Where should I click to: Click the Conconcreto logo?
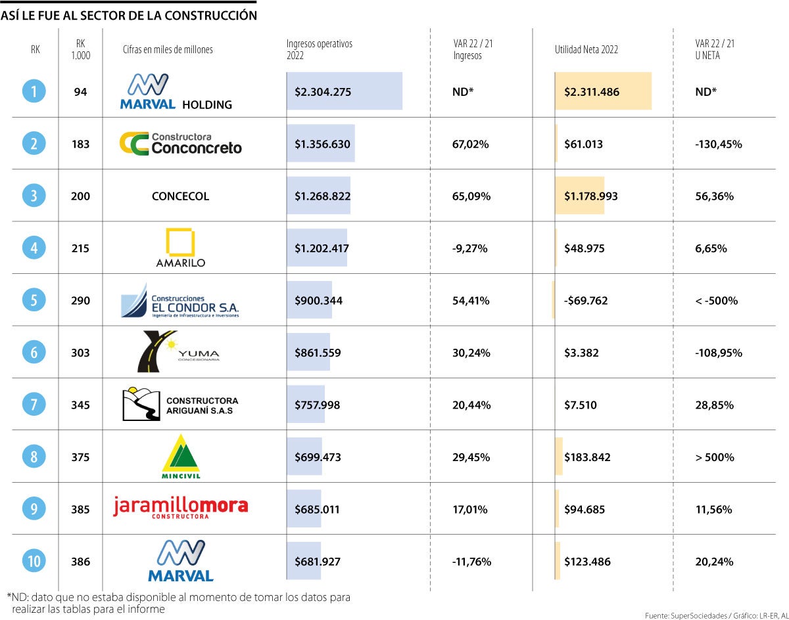[x=181, y=143]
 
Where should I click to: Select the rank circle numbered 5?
[x=34, y=300]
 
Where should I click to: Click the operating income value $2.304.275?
[x=323, y=92]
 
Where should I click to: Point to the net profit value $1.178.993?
[x=590, y=196]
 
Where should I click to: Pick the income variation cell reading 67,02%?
[x=470, y=144]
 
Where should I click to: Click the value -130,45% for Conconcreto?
[x=718, y=144]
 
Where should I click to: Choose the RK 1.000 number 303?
[x=80, y=353]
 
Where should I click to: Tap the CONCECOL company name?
[x=180, y=196]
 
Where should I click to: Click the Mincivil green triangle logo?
[x=180, y=456]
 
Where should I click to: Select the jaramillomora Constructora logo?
[x=181, y=508]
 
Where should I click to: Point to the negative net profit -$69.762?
[x=586, y=301]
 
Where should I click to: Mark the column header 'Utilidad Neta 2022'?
[x=586, y=49]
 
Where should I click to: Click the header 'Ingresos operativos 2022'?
[x=320, y=49]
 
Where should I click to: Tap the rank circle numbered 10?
[x=34, y=562]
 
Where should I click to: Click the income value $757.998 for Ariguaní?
[x=317, y=405]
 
